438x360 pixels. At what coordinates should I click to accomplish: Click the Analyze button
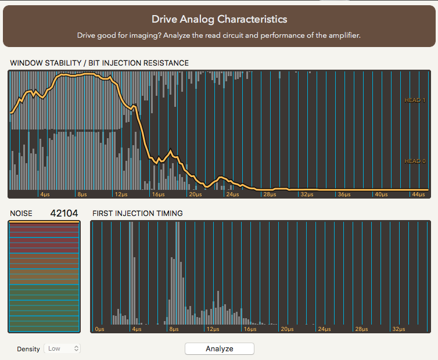point(220,348)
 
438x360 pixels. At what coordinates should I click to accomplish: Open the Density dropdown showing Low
point(63,348)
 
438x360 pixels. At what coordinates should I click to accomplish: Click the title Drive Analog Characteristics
point(219,19)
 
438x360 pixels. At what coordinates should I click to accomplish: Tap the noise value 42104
point(64,213)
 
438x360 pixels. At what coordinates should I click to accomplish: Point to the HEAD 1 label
point(415,100)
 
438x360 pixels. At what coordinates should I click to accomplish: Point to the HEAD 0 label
point(415,161)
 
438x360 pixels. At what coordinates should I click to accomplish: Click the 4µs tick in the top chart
point(45,194)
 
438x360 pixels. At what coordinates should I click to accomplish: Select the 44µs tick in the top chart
point(417,194)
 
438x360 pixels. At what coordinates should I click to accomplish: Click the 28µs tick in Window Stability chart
point(268,194)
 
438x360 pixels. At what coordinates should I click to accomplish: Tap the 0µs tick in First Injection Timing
point(99,329)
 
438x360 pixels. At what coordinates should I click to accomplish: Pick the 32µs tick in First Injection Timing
point(398,329)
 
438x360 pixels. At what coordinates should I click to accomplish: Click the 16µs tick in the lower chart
point(249,329)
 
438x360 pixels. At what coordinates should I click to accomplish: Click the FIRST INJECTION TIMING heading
point(138,213)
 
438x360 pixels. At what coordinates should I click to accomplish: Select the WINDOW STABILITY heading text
point(99,63)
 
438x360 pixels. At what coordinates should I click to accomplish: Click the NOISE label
point(21,213)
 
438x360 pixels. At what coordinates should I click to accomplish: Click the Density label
point(28,349)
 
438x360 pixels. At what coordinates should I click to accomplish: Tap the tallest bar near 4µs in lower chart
point(131,273)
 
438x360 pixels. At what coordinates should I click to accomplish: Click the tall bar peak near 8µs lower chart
point(174,290)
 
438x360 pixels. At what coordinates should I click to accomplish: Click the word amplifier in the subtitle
point(343,35)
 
